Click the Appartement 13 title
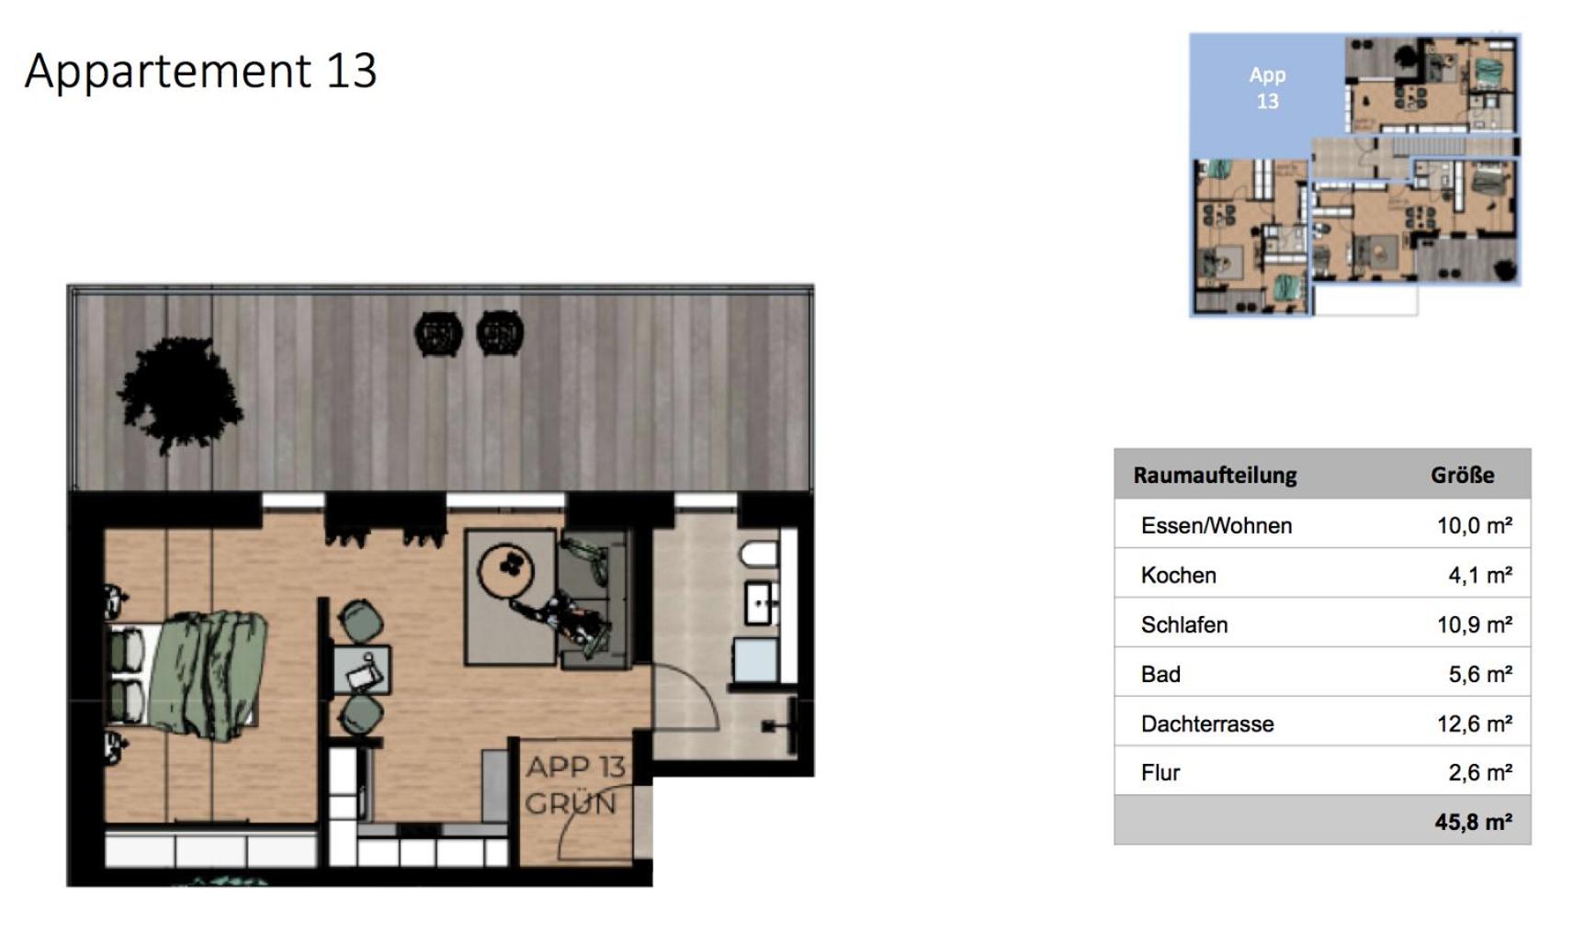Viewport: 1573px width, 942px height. (201, 72)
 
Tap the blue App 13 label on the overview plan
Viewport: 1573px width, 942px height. (1268, 88)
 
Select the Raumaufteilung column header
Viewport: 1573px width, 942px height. (1215, 476)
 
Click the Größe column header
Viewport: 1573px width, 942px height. (1462, 476)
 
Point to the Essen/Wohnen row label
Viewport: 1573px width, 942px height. (1217, 526)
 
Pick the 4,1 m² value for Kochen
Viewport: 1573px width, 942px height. (1480, 576)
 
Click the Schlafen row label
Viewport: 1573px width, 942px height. (1184, 624)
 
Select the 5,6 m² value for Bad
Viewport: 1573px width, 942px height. (1480, 675)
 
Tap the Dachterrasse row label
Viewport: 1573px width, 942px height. (1207, 723)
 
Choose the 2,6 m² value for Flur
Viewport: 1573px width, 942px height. (1480, 773)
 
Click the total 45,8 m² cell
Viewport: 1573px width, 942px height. (1473, 822)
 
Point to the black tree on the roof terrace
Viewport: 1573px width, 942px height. (180, 395)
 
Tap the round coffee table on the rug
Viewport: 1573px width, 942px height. (506, 569)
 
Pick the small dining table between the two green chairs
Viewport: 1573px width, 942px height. (361, 670)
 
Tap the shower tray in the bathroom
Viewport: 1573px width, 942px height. (755, 660)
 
